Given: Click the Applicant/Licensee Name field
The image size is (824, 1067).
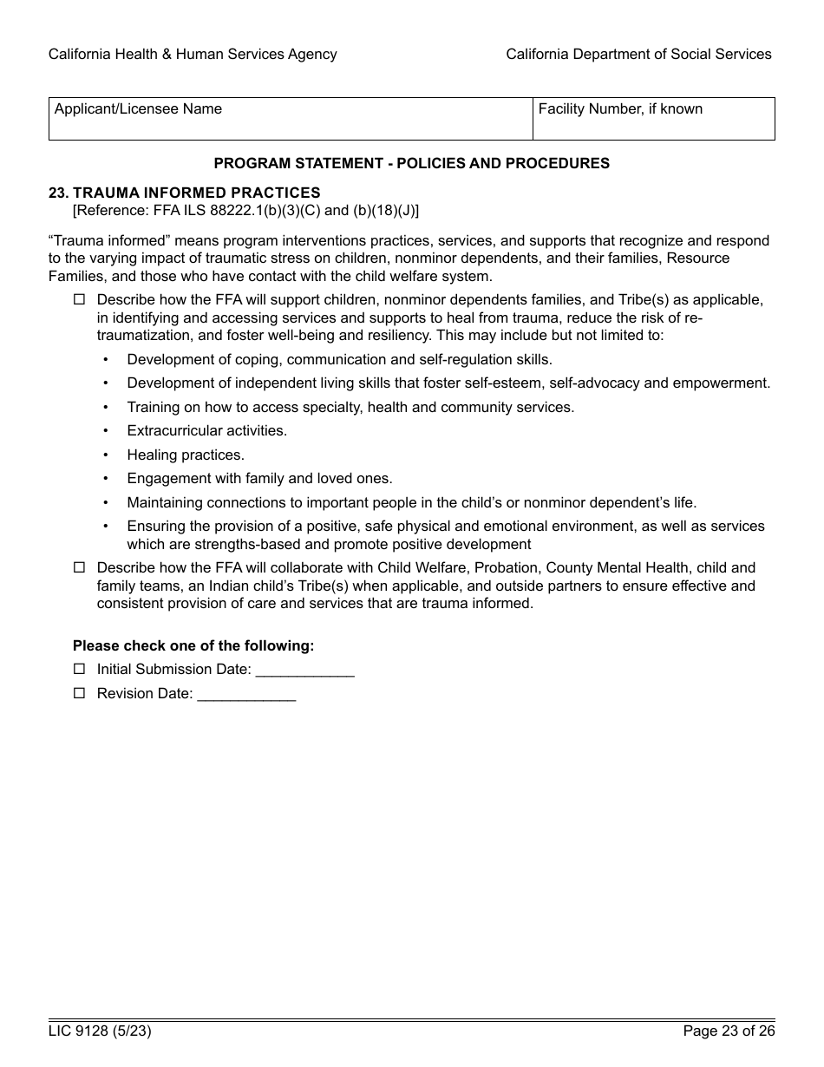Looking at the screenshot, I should (x=291, y=124).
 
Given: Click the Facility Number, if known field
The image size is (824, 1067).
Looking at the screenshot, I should (x=653, y=124).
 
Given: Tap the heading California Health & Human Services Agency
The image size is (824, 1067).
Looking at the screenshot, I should (x=193, y=55).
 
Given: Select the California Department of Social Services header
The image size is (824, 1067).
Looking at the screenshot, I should (x=638, y=55).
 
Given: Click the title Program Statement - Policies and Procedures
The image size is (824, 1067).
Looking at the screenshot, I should (x=411, y=163).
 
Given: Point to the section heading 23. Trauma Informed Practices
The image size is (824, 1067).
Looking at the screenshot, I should (x=185, y=193).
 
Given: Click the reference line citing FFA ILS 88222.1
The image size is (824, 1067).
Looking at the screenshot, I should (x=245, y=210).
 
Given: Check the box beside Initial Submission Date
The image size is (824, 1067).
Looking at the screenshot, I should (x=80, y=669).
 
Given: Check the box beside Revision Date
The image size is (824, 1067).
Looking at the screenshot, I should (x=80, y=693).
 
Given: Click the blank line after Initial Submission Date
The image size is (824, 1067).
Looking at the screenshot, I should (x=304, y=671).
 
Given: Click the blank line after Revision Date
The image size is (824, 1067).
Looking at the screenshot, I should (x=246, y=695).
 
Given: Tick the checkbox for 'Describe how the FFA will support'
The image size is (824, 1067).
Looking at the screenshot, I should (x=80, y=299).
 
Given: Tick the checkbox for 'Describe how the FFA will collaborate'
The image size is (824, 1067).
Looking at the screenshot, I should (x=80, y=567).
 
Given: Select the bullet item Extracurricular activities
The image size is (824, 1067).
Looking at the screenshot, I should (x=206, y=430).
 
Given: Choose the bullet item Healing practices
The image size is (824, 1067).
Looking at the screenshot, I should (x=186, y=455).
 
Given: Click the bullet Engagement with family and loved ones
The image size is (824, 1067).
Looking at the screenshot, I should (x=259, y=478).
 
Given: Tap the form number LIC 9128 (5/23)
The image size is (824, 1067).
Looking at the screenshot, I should (x=94, y=1031).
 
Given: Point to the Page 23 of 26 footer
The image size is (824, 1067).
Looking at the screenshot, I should (x=729, y=1031).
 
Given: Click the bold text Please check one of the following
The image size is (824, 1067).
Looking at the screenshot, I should (x=193, y=645).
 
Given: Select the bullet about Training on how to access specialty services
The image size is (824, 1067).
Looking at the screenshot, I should (x=350, y=407).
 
